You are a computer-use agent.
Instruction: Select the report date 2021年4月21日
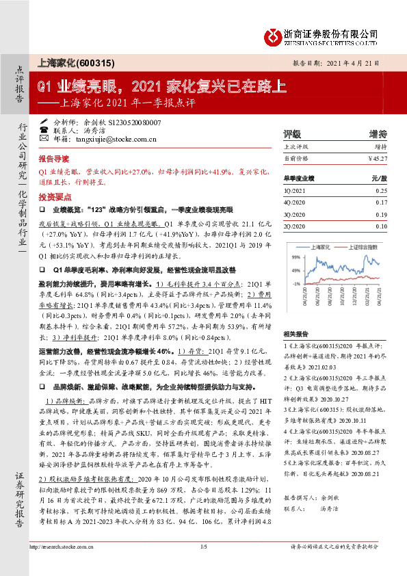358,62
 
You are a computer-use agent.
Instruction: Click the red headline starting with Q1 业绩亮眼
162,87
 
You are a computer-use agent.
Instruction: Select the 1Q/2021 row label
292,190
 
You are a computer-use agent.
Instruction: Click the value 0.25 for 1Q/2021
381,190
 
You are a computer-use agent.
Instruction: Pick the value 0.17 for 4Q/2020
381,202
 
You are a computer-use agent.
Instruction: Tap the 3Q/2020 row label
292,214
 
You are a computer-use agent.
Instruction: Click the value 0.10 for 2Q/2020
381,226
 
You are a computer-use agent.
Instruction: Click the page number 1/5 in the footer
203,566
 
